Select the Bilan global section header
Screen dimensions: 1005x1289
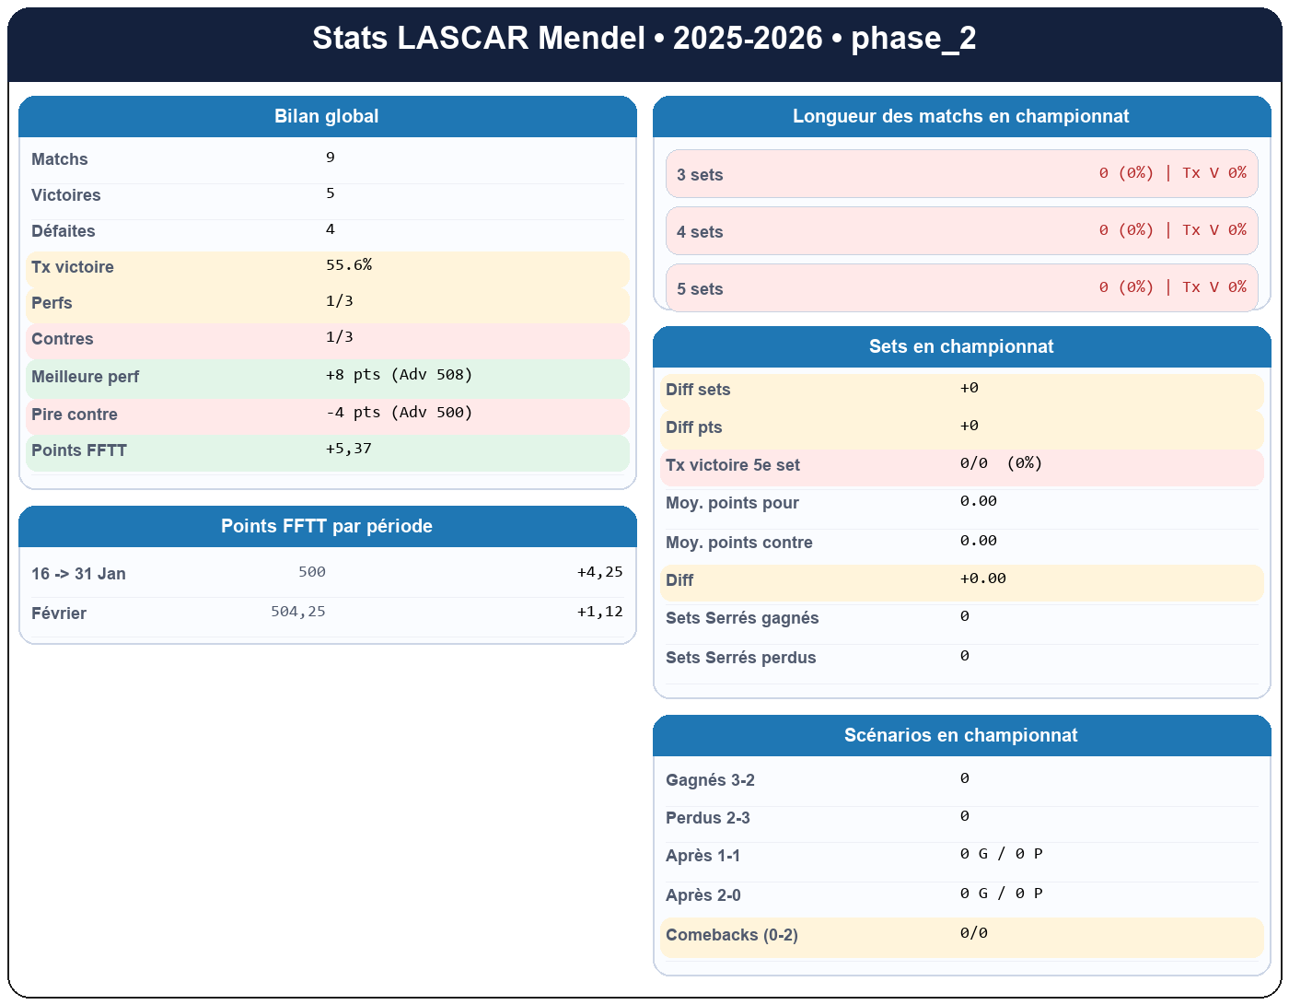pyautogui.click(x=327, y=117)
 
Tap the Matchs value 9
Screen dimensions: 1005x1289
pyautogui.click(x=331, y=158)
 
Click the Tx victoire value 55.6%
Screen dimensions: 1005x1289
pyautogui.click(x=349, y=265)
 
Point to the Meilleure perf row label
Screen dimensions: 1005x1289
pyautogui.click(x=85, y=377)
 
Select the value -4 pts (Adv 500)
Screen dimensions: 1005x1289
pyautogui.click(x=399, y=413)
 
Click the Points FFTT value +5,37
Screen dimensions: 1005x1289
pyautogui.click(x=349, y=449)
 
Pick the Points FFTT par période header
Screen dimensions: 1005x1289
pyautogui.click(x=327, y=527)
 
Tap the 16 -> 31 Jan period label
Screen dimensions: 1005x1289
pyautogui.click(x=78, y=574)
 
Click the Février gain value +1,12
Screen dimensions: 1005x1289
pyautogui.click(x=599, y=612)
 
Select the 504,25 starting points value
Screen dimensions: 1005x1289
pyautogui.click(x=297, y=612)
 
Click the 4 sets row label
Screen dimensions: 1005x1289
pyautogui.click(x=700, y=232)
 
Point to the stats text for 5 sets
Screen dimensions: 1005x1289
pyautogui.click(x=1172, y=287)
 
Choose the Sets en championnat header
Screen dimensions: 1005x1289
pyautogui.click(x=961, y=347)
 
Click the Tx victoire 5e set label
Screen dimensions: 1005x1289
pyautogui.click(x=733, y=465)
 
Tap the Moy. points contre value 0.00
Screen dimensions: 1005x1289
pyautogui.click(x=978, y=541)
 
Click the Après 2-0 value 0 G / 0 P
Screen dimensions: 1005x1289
pyautogui.click(x=1001, y=894)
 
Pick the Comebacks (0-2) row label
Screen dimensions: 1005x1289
pyautogui.click(x=732, y=935)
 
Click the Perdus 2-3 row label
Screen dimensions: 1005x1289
pyautogui.click(x=707, y=818)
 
